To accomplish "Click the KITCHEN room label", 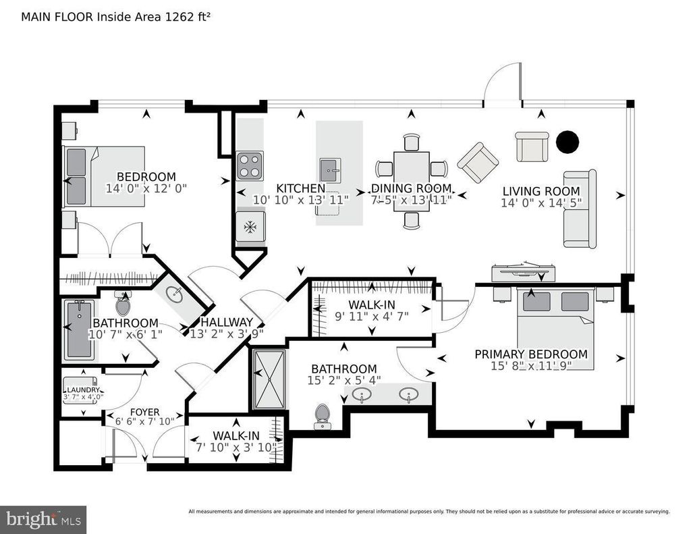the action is [300, 188].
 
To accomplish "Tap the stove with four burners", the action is [250, 166].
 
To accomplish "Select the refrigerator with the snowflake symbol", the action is [250, 227].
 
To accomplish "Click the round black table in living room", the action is [567, 142].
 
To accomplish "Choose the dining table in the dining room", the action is [412, 181].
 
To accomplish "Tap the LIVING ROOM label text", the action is [541, 191].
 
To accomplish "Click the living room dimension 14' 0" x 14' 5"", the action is [541, 203].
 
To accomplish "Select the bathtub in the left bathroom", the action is [80, 329].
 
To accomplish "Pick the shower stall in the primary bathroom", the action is [269, 379].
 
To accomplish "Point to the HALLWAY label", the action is [227, 322].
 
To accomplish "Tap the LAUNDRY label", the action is [83, 390].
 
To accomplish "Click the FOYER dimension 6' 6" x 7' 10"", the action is [144, 421].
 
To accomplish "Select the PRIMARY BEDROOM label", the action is [531, 354].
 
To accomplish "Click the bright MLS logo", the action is [43, 519].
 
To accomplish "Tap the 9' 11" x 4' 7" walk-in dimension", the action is [372, 316].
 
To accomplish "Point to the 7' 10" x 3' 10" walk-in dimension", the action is [236, 447].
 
